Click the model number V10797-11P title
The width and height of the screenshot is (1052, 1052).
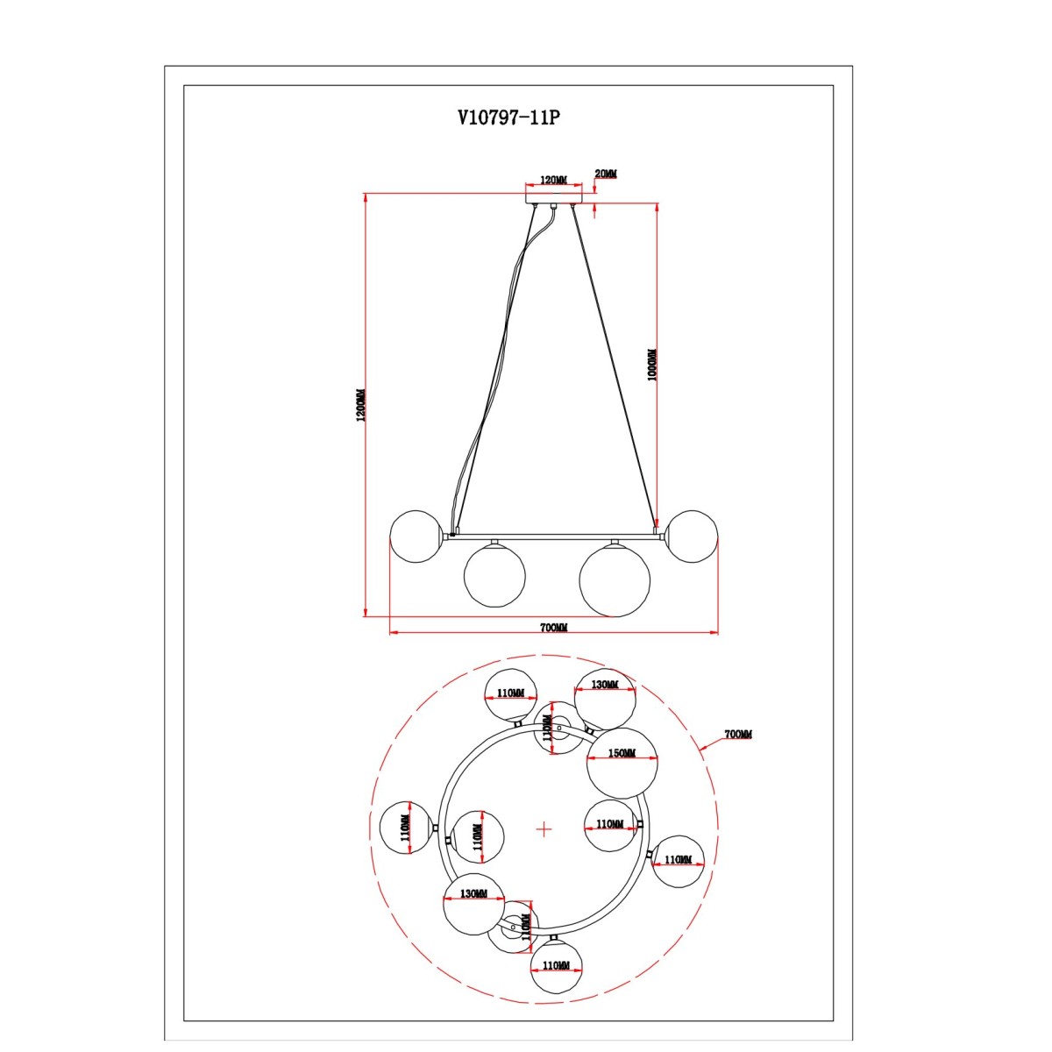(508, 117)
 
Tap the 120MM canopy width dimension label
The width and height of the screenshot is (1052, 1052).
(553, 181)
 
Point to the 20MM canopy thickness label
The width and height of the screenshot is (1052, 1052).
(606, 174)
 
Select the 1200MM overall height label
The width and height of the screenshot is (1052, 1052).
(359, 406)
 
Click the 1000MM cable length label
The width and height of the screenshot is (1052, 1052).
(652, 365)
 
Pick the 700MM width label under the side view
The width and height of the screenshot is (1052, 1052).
(553, 628)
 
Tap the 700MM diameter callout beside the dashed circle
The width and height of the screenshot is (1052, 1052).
(738, 735)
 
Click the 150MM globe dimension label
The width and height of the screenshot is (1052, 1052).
(622, 753)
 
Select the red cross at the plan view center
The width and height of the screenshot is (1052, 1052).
(544, 829)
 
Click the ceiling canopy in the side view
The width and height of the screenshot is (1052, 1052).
(553, 196)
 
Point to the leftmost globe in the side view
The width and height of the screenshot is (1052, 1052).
(416, 537)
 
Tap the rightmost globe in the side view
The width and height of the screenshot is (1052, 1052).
(692, 537)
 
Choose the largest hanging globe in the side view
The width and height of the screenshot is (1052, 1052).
(615, 581)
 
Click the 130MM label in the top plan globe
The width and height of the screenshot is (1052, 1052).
(605, 685)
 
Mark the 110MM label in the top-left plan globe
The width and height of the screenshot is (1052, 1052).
(510, 693)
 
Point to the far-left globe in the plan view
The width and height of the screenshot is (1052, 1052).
(407, 828)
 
